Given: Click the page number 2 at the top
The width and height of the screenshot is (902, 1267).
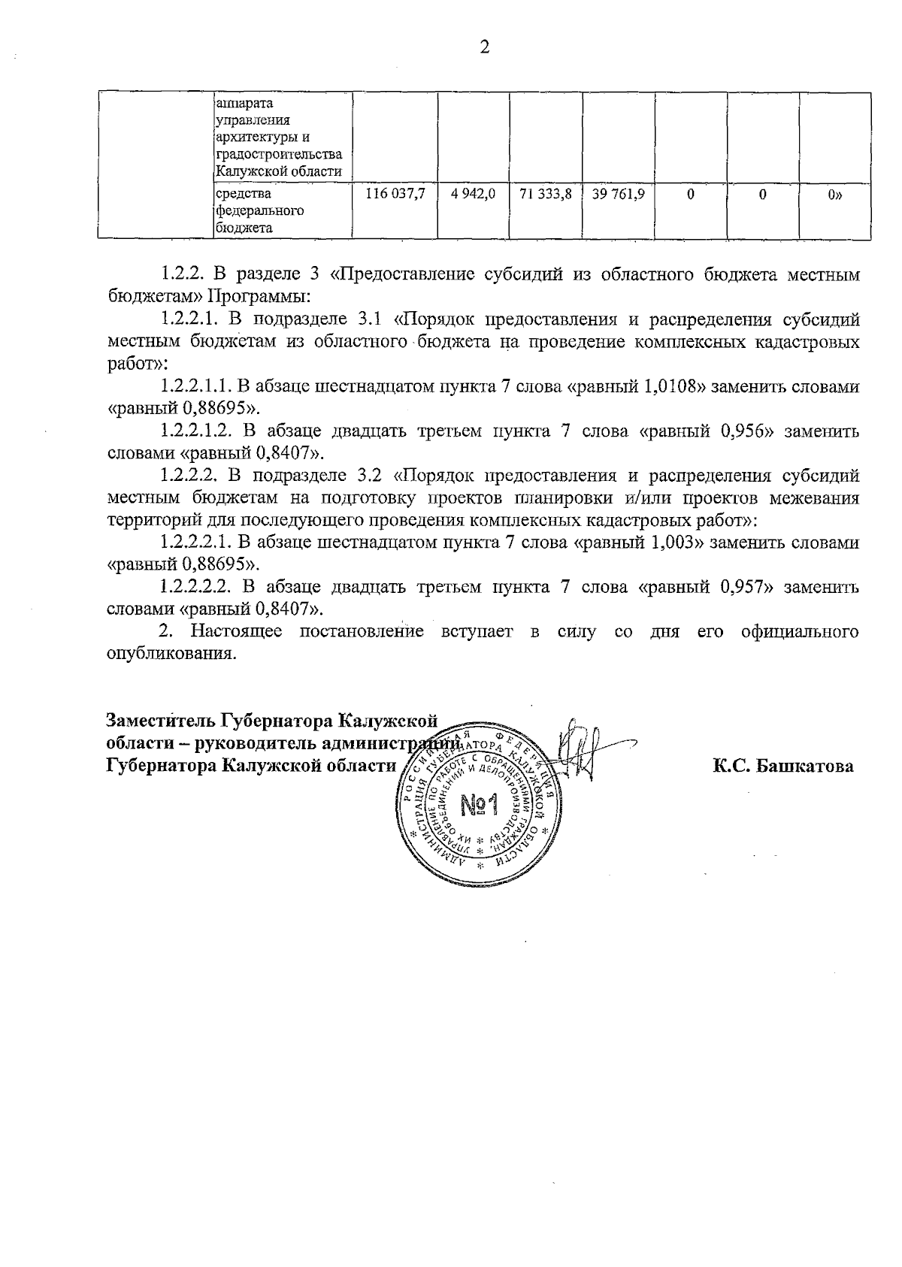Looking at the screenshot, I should [484, 47].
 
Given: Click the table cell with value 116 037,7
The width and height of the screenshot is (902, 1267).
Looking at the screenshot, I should [395, 195].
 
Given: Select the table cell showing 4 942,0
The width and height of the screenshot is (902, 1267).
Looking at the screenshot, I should [474, 195].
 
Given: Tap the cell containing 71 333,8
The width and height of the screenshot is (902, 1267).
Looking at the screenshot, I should [546, 195].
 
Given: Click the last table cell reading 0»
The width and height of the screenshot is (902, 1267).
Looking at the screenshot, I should [834, 195].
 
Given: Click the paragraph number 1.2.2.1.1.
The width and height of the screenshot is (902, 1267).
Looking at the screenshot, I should [195, 388].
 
